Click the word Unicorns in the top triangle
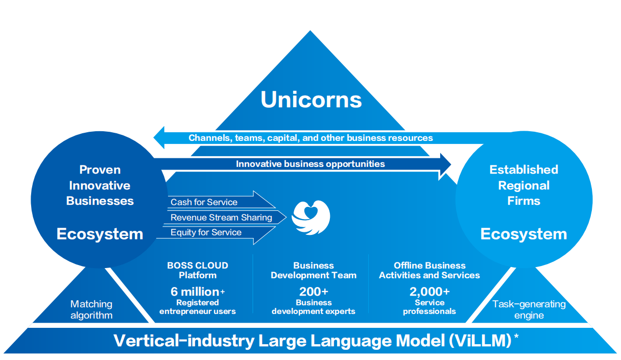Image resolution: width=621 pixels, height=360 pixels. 311,100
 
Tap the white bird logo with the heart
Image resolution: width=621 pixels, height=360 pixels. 311,217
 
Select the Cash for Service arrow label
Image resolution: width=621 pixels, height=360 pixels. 204,202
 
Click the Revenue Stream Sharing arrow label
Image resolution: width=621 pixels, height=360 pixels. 221,218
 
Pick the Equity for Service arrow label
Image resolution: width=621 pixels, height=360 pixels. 206,232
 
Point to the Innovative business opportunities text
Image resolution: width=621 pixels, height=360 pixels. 310,164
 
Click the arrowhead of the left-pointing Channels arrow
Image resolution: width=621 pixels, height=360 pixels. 159,137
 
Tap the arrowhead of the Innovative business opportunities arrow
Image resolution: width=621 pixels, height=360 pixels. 445,164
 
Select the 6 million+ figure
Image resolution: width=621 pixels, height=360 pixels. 198,292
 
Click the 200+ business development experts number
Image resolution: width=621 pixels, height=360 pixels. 314,292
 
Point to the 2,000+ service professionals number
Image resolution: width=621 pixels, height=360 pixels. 429,292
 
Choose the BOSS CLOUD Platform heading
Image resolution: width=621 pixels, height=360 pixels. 198,270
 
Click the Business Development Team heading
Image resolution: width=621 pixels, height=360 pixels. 314,270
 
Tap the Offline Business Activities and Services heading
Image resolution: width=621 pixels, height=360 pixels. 429,270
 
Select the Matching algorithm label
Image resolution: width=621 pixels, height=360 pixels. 91,309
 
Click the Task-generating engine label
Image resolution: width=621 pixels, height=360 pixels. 529,309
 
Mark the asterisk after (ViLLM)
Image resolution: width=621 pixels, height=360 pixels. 516,336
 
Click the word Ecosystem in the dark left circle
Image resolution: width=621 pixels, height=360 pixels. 100,234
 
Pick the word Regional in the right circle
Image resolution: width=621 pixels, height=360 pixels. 523,186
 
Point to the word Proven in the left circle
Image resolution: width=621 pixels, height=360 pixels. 100,170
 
